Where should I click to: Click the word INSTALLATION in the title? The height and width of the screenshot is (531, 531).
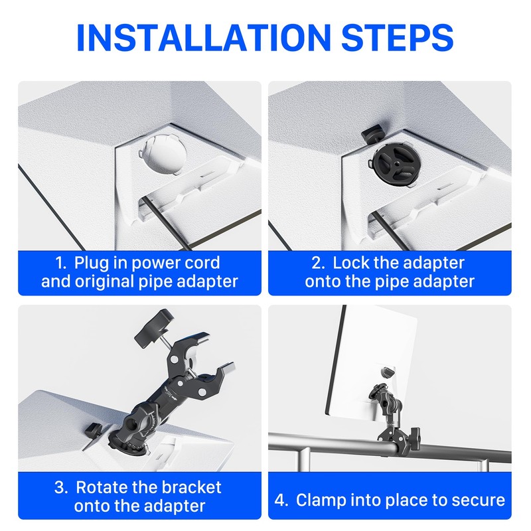204,37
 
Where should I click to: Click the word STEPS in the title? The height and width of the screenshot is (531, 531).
398,37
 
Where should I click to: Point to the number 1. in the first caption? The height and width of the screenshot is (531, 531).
61,263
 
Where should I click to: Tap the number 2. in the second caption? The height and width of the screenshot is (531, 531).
319,263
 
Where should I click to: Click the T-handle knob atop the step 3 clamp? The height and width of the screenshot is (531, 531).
154,328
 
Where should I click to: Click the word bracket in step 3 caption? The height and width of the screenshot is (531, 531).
191,488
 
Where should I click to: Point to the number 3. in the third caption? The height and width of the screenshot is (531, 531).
61,488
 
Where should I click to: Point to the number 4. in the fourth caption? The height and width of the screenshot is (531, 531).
281,500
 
